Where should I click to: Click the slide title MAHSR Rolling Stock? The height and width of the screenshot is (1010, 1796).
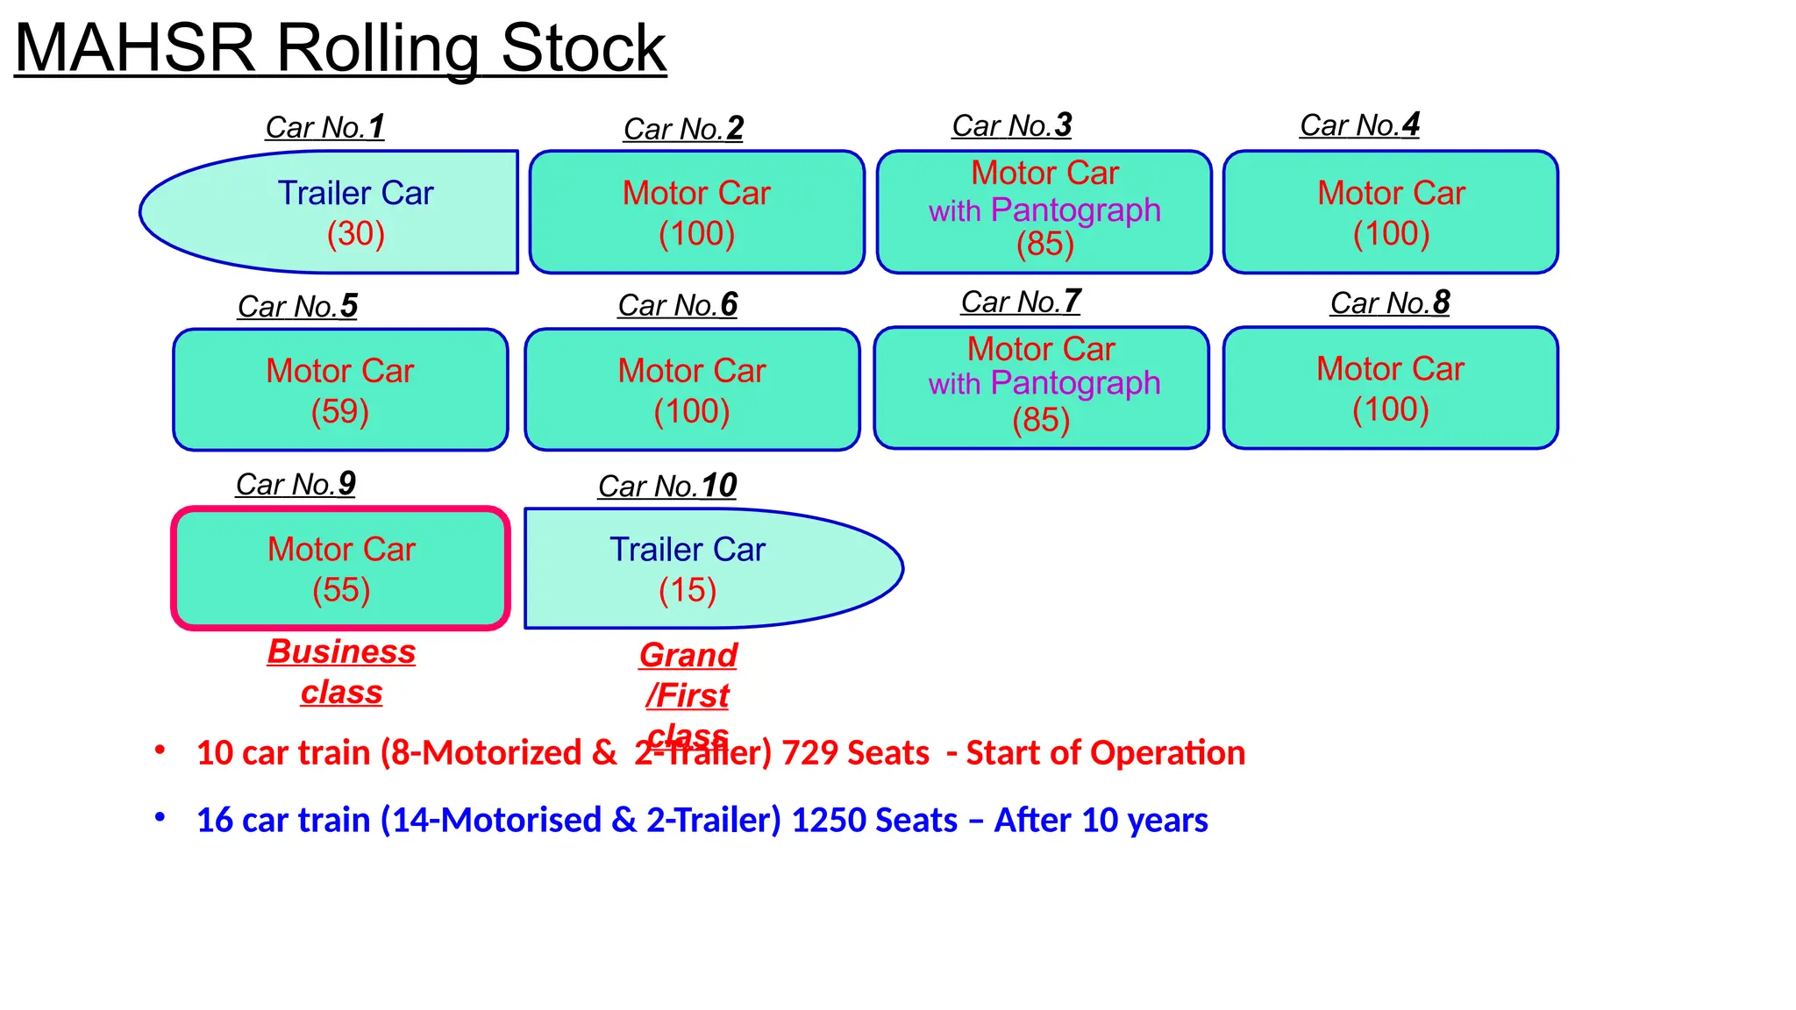(x=340, y=48)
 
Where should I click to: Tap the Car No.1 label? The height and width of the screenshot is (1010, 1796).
(x=324, y=127)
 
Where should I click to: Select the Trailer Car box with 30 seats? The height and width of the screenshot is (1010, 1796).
(x=342, y=212)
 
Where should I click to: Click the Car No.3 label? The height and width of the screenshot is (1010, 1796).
(x=1012, y=125)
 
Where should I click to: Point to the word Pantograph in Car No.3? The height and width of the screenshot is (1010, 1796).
(x=1076, y=210)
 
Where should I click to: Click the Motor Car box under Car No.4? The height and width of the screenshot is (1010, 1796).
(x=1391, y=212)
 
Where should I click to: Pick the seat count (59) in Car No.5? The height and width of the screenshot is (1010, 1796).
(x=340, y=411)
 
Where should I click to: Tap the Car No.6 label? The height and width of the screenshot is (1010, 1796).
(x=677, y=305)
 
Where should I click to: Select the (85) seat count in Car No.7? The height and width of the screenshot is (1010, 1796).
(x=1041, y=420)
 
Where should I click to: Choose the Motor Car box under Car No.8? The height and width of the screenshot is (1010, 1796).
(x=1391, y=388)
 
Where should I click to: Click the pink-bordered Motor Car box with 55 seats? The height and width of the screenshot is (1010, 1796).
(x=341, y=568)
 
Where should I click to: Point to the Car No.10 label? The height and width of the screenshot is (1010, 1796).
(x=667, y=486)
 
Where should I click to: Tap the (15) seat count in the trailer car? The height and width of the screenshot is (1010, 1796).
(x=688, y=590)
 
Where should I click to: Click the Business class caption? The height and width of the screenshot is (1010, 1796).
(x=341, y=672)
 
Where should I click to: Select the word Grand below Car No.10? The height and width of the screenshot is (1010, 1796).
(x=688, y=655)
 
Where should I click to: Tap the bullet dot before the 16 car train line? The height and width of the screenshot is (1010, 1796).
(x=160, y=817)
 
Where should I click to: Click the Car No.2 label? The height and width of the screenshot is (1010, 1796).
(x=683, y=129)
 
